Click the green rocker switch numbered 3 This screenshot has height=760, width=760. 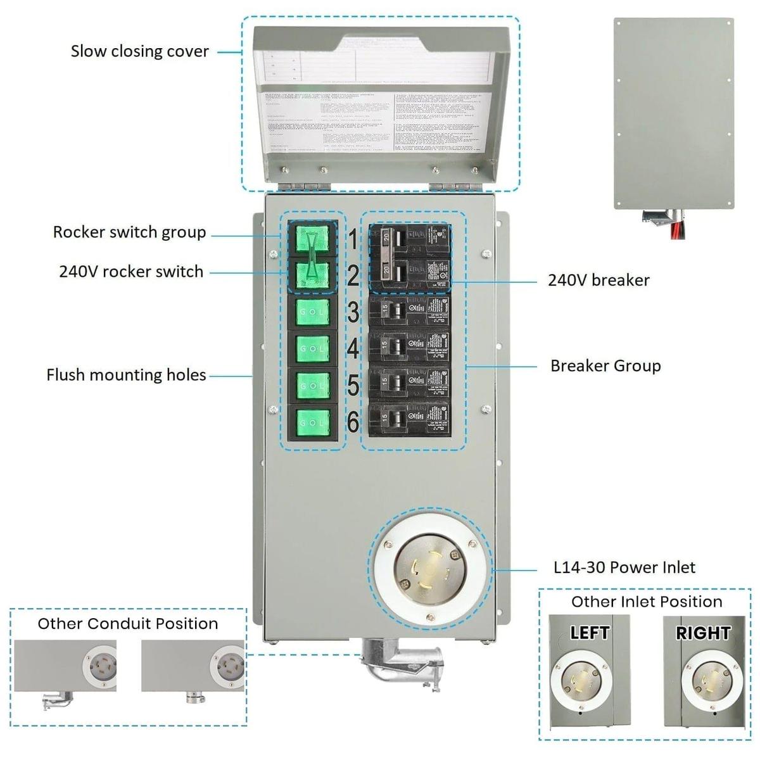click(x=313, y=312)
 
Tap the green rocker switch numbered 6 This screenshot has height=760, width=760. click(x=313, y=422)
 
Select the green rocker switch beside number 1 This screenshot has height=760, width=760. click(x=313, y=239)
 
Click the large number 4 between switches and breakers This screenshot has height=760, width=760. click(x=353, y=348)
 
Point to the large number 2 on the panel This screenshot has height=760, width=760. click(x=353, y=276)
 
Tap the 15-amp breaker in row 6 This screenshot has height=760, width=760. click(x=408, y=419)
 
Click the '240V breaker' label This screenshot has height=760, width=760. click(x=598, y=280)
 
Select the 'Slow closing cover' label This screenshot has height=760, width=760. click(x=139, y=51)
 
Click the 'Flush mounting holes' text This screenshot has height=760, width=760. click(x=126, y=375)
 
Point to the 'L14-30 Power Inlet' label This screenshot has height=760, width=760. click(x=624, y=567)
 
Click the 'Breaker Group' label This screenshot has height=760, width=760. click(x=605, y=365)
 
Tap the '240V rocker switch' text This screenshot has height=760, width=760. click(x=131, y=272)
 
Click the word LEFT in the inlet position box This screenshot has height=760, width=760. click(x=589, y=633)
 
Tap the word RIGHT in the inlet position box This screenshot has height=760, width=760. click(x=702, y=633)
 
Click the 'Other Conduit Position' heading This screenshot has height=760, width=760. click(x=127, y=624)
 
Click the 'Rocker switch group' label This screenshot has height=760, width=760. click(x=129, y=232)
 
